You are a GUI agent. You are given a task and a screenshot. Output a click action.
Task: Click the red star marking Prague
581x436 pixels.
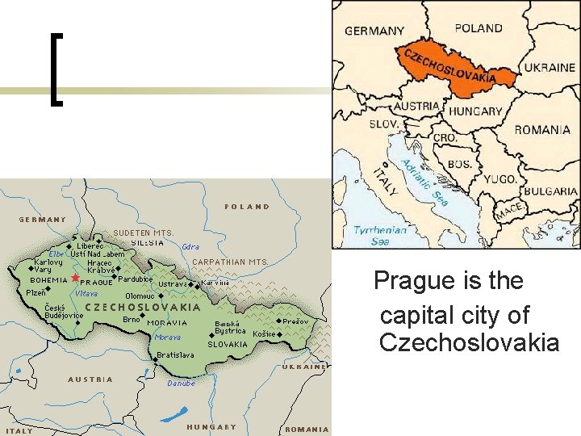click(x=75, y=278)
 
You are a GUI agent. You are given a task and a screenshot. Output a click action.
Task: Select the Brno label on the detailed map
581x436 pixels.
click(x=132, y=319)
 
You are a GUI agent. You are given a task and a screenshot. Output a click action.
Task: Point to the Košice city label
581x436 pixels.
click(x=264, y=333)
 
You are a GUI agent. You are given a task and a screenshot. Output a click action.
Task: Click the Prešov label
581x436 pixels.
click(x=295, y=321)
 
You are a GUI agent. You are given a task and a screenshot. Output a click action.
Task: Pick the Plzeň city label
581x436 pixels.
click(x=36, y=292)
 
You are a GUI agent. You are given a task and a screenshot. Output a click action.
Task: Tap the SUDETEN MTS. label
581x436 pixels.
click(x=143, y=233)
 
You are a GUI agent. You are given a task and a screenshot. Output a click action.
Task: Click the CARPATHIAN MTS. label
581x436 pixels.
click(x=230, y=262)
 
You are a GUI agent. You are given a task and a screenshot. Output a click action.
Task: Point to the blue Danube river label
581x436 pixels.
click(x=181, y=384)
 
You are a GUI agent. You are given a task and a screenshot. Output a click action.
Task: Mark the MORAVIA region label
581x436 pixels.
click(x=167, y=323)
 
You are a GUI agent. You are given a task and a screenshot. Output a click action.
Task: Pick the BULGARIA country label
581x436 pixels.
click(x=550, y=192)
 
